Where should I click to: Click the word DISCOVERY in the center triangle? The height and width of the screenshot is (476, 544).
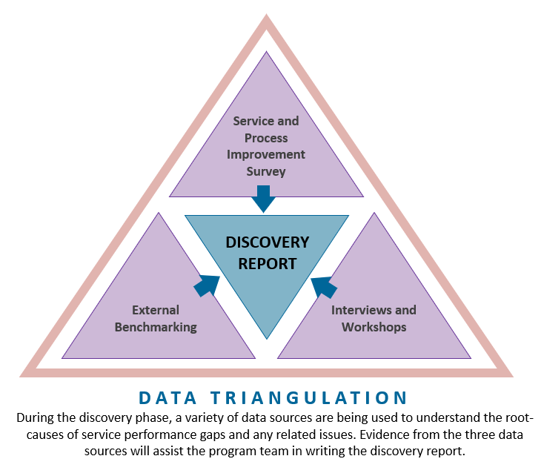tap(267, 243)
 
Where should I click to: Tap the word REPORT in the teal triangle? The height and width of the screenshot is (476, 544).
tap(267, 263)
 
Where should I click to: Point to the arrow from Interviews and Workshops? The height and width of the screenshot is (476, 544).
tap(324, 285)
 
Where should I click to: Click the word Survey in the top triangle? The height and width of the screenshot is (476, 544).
tap(266, 171)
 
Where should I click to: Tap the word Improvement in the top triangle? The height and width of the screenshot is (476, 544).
tap(266, 154)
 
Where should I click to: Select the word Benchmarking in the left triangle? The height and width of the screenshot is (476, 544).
tap(156, 327)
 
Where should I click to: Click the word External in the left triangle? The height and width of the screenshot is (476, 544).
tap(156, 310)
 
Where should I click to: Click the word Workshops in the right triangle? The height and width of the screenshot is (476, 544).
tap(374, 327)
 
